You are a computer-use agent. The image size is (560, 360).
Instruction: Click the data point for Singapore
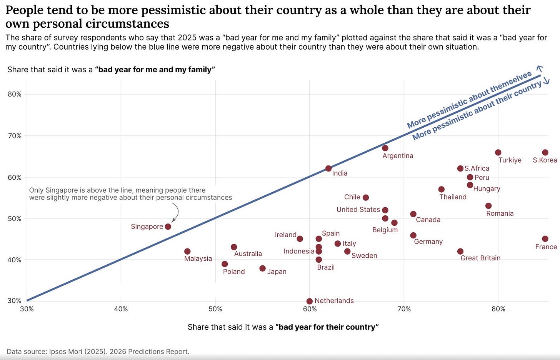168,227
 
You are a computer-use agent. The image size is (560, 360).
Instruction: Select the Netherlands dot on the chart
310,301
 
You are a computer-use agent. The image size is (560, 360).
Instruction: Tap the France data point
545,239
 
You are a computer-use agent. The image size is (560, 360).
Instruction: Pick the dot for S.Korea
545,153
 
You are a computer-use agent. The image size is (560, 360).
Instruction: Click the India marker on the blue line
328,168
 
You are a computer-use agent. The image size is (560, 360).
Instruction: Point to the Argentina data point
385,148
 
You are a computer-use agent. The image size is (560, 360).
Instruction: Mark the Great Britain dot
460,252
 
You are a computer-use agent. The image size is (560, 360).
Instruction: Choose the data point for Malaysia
187,252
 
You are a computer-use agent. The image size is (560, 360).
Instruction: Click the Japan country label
277,272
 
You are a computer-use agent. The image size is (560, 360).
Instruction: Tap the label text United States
358,210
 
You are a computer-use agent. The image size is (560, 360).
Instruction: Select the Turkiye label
510,160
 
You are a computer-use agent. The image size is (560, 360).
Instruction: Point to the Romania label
500,213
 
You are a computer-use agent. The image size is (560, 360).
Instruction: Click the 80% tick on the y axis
15,94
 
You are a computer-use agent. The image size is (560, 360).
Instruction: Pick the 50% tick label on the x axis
215,309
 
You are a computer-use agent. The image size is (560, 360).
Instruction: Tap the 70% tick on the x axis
404,309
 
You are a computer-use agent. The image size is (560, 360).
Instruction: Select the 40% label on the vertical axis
15,260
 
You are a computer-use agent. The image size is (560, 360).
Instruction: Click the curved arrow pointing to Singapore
176,212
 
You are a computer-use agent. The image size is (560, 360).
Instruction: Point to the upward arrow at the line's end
540,68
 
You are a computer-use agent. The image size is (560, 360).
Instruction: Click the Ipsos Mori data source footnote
98,352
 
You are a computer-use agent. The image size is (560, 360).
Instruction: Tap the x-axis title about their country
283,327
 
